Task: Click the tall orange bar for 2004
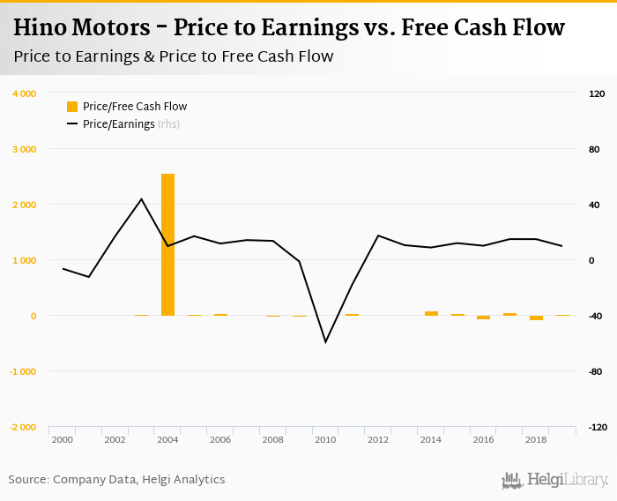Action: pos(167,244)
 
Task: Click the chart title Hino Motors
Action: pos(288,27)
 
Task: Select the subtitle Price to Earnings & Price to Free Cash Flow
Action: pos(173,56)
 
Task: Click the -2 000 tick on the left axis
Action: pos(22,427)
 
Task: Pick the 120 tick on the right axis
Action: pos(597,93)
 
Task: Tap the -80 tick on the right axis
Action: pos(597,371)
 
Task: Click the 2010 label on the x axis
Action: pos(326,439)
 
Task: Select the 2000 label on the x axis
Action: pos(62,439)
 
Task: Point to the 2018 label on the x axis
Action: pos(536,439)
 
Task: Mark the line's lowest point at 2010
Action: pos(326,341)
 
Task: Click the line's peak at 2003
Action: pos(141,199)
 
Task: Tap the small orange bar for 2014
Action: pos(431,313)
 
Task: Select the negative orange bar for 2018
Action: pos(536,318)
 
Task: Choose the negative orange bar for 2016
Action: pos(483,318)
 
